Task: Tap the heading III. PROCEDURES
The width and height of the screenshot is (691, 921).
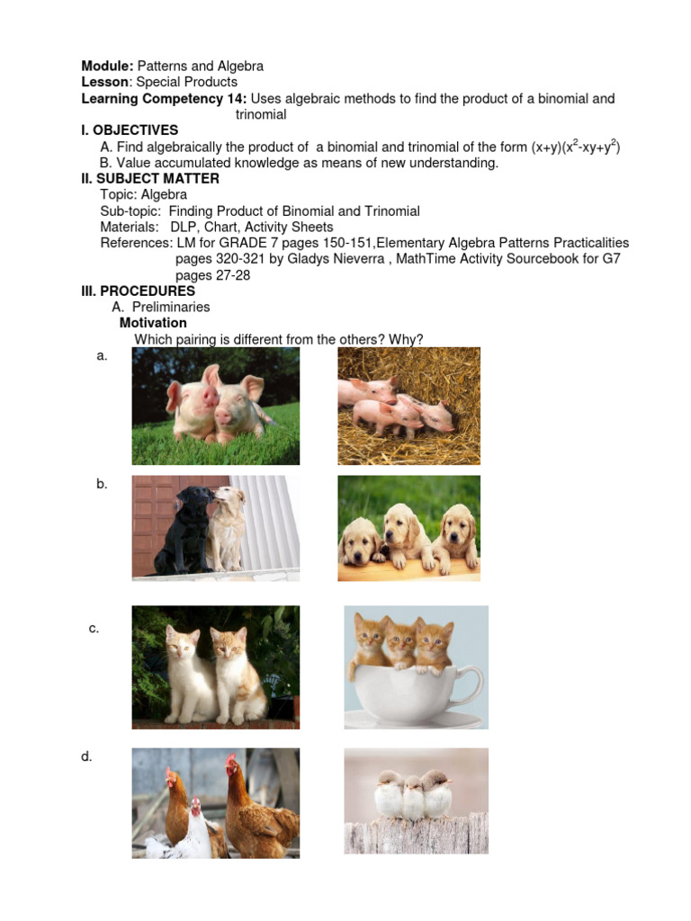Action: coord(139,291)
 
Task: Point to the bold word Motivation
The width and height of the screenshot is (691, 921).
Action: coord(153,323)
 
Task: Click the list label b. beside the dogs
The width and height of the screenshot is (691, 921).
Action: coord(102,484)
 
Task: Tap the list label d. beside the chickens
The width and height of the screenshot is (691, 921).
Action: coord(87,757)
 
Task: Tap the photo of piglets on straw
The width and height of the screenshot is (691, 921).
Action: coord(408,392)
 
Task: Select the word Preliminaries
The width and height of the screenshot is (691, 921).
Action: coord(171,308)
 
